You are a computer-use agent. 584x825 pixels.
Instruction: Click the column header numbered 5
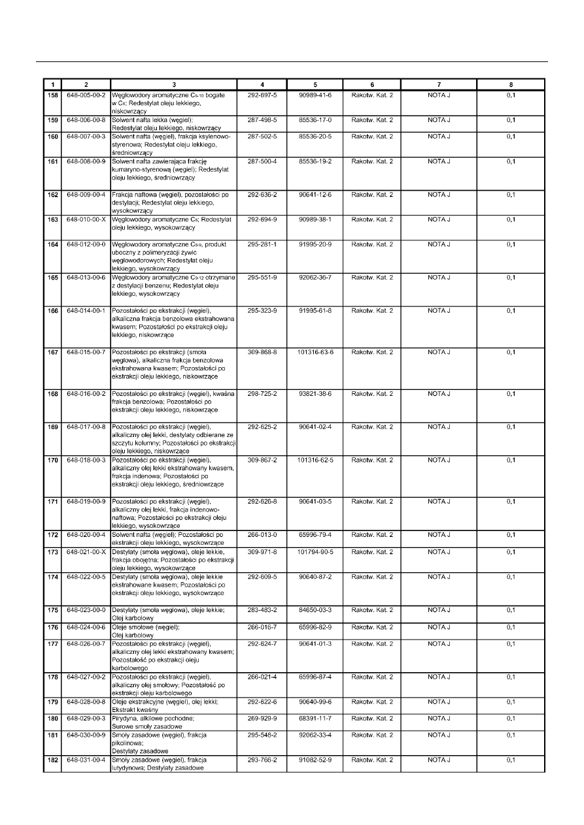[x=315, y=84]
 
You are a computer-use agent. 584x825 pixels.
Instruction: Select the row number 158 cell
[x=52, y=95]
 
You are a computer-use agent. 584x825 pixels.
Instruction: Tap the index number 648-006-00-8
[x=86, y=120]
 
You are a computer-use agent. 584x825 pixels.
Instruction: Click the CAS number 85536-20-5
[x=315, y=137]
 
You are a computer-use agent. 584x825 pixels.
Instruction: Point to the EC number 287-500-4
[x=262, y=161]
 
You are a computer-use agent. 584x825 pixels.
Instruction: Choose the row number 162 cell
[x=52, y=195]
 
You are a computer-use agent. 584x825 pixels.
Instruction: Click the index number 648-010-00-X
[x=86, y=219]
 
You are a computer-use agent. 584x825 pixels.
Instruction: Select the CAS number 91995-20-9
[x=315, y=244]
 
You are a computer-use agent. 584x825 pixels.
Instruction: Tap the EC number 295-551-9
[x=262, y=278]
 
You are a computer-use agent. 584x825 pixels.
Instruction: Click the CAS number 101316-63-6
[x=315, y=352]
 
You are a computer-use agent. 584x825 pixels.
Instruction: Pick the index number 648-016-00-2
[x=86, y=394]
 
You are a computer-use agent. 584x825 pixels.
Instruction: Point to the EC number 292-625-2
[x=262, y=427]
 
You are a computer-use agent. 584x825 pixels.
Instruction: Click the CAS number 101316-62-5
[x=315, y=460]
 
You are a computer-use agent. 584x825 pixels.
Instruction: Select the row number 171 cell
[x=52, y=502]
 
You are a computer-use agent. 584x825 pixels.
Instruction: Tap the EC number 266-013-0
[x=262, y=535]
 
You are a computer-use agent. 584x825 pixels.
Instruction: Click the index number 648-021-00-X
[x=86, y=552]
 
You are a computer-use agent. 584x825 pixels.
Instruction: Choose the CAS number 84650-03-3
[x=315, y=609]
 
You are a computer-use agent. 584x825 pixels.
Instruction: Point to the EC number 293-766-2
[x=262, y=760]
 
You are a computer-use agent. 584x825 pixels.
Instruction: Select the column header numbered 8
[x=511, y=84]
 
